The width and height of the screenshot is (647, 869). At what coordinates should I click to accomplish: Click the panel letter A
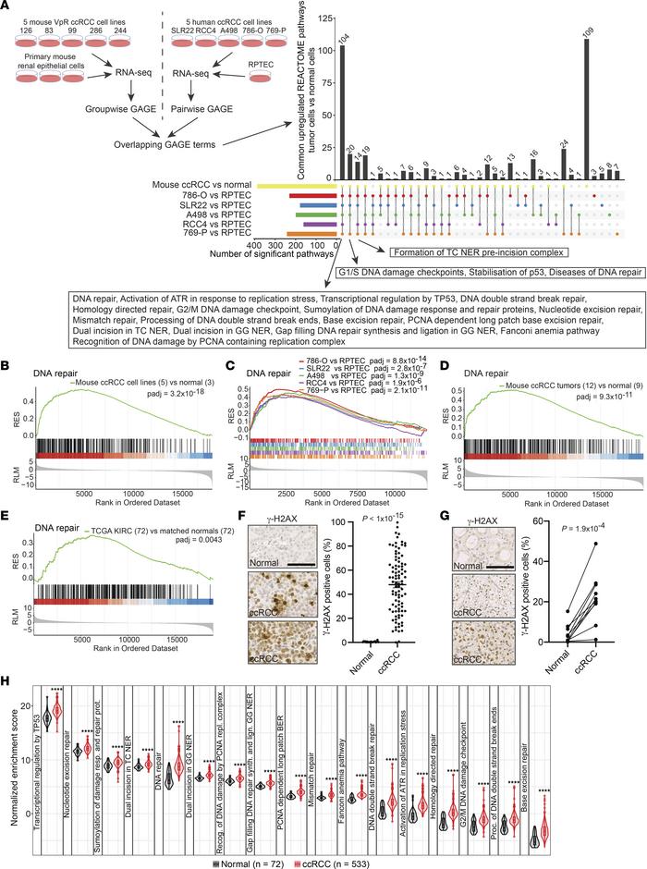point(8,8)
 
